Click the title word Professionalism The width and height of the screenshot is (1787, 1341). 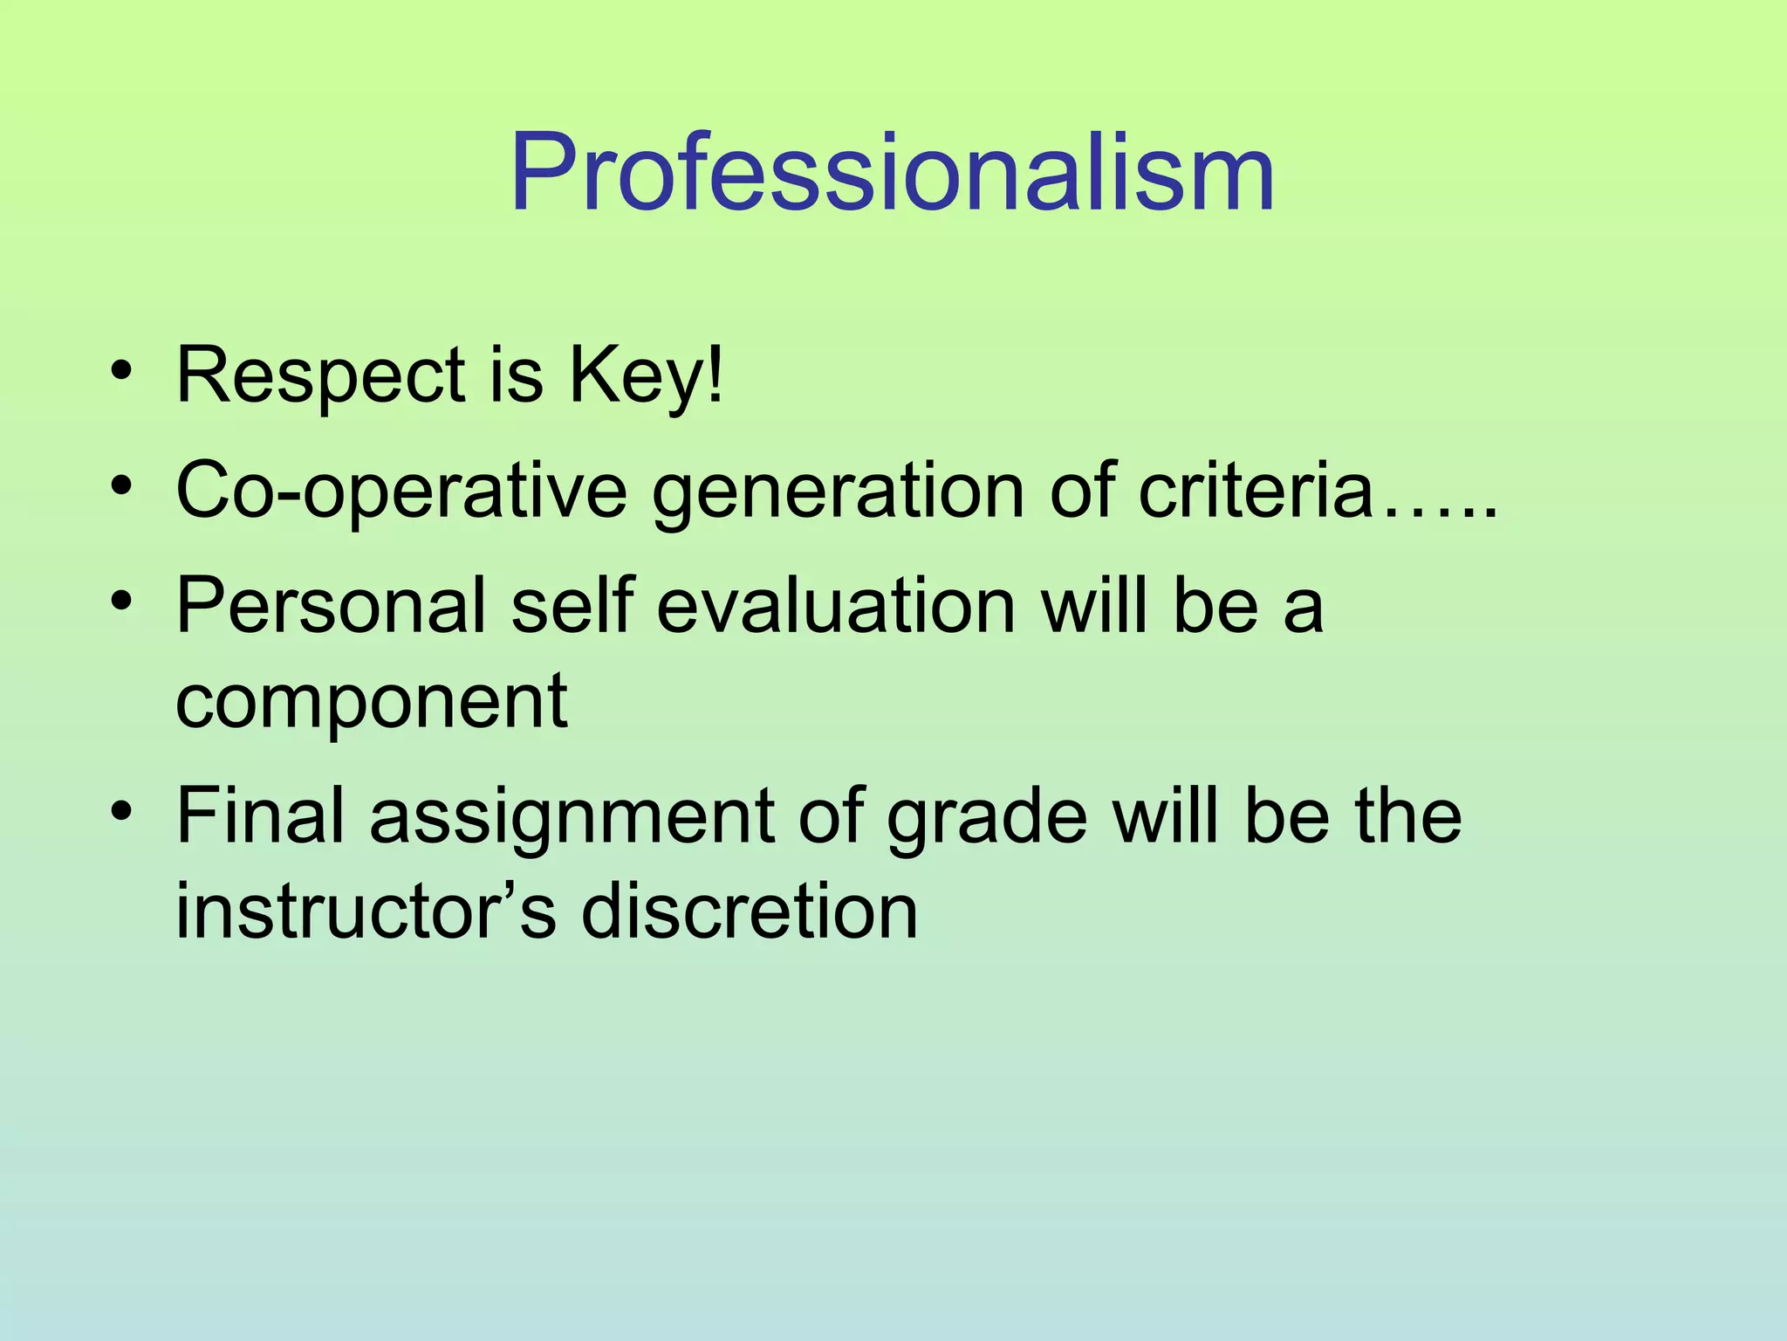(892, 172)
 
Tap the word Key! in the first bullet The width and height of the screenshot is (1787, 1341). (646, 377)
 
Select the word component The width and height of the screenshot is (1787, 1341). (372, 703)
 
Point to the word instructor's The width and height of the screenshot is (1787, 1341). (366, 911)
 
